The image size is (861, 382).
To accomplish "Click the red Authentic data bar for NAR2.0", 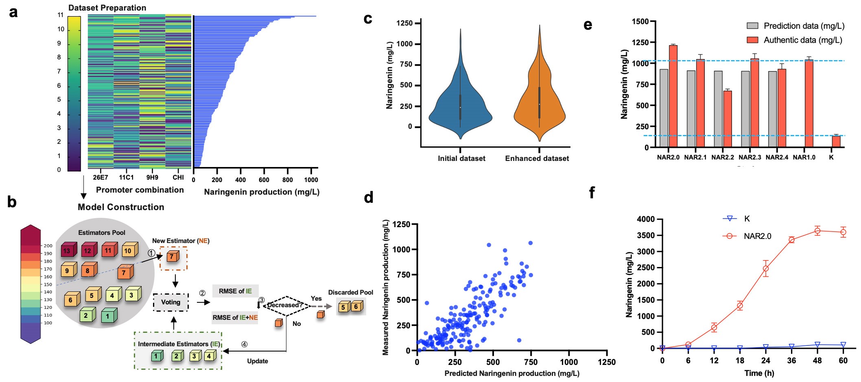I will (673, 96).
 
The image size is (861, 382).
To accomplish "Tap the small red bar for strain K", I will (836, 141).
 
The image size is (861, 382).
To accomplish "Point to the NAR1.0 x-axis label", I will (804, 157).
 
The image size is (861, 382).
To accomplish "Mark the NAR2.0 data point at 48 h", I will (817, 231).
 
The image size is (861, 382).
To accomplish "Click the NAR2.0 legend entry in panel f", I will (757, 236).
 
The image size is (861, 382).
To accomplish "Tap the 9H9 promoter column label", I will (152, 178).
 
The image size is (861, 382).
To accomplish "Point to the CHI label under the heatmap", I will (178, 178).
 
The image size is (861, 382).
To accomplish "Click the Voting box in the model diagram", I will (170, 302).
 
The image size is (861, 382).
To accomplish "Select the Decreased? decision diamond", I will (286, 305).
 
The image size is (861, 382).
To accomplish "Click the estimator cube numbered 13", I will (66, 250).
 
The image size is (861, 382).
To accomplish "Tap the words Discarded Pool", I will (350, 292).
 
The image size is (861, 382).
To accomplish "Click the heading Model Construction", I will (121, 207).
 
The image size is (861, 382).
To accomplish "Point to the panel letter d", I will (369, 198).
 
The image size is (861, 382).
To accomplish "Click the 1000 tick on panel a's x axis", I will (311, 180).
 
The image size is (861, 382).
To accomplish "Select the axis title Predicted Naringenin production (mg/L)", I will (511, 373).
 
